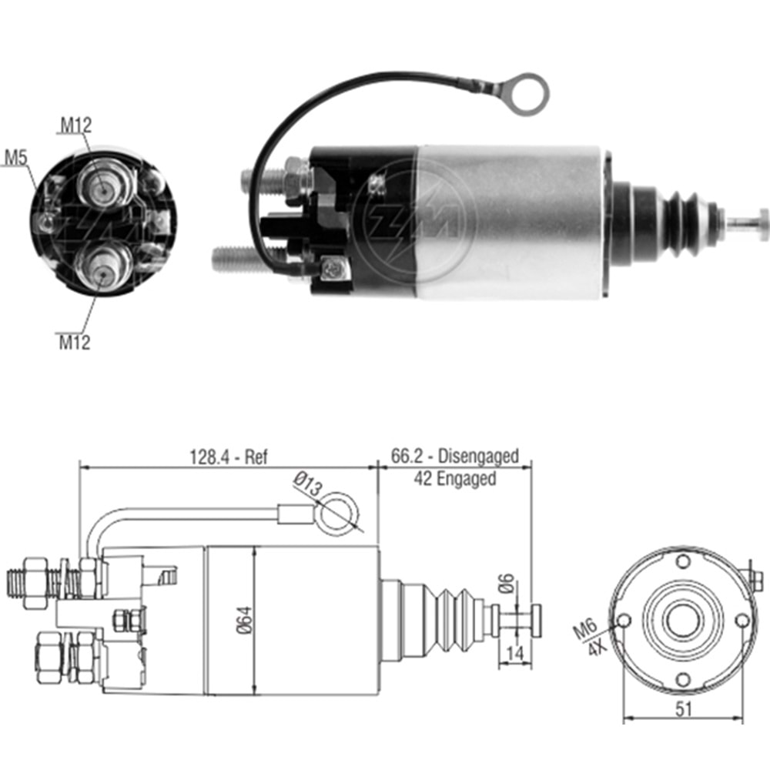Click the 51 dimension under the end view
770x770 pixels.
coord(681,709)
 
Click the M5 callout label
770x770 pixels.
coord(16,159)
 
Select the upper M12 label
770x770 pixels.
coord(77,125)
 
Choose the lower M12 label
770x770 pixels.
coord(74,341)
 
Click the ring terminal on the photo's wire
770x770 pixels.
coord(529,93)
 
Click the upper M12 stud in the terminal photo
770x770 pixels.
coord(102,184)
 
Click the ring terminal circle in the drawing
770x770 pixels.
coord(340,515)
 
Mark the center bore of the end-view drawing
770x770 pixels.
coord(682,621)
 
